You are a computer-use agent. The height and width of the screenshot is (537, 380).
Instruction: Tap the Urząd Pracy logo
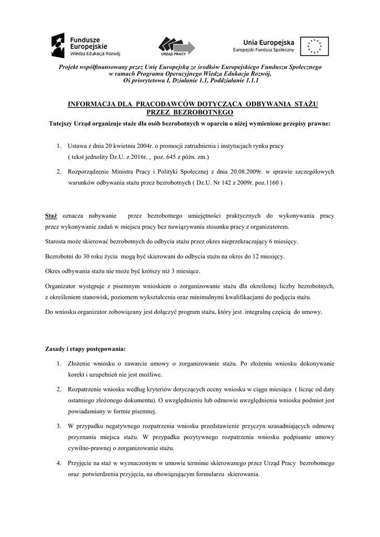[177, 46]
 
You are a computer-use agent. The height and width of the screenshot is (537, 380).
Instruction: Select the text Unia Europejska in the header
[269, 42]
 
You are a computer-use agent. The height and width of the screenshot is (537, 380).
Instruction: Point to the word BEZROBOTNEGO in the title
[203, 112]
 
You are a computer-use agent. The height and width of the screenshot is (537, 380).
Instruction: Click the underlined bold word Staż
[51, 216]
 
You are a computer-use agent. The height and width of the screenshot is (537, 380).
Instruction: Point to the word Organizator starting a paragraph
[61, 286]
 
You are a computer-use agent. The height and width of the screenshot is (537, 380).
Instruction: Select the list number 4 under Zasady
[59, 464]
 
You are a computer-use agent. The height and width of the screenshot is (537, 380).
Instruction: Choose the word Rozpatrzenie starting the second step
[86, 389]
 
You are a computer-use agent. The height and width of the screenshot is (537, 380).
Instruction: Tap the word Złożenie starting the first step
[80, 363]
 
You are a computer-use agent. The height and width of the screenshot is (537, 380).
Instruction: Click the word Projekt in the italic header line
[70, 67]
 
